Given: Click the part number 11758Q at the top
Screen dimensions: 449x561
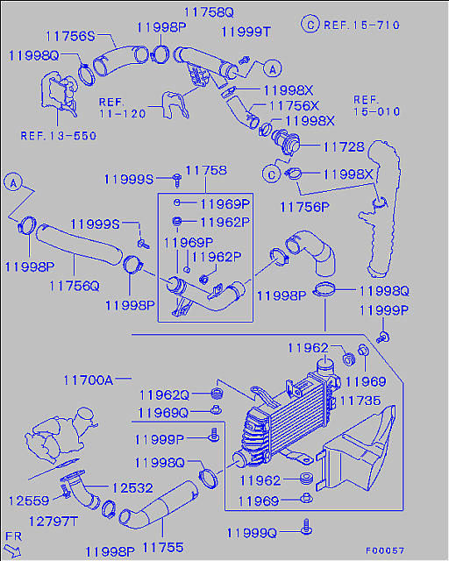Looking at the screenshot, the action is [209, 12].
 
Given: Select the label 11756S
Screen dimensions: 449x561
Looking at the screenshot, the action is [70, 36].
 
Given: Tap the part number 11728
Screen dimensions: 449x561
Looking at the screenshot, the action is [344, 146].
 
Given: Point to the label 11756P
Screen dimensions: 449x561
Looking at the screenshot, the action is [304, 207].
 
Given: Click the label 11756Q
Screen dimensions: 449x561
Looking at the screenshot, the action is [75, 286].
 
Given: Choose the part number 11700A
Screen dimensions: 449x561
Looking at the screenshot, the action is [88, 380].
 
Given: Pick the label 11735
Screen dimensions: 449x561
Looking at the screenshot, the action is [360, 401].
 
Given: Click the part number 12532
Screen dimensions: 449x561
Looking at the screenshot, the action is [132, 488].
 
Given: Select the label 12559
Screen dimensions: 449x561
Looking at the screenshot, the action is [29, 501].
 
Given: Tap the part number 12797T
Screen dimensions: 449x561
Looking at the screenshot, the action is [53, 522].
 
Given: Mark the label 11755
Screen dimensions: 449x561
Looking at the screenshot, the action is [163, 547].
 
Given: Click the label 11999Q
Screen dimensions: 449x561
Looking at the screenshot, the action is [252, 534].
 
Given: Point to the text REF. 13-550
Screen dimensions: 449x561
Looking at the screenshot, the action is [59, 136].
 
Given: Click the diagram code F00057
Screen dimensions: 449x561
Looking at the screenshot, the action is [385, 550].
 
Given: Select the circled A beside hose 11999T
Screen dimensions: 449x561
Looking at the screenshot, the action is [273, 68].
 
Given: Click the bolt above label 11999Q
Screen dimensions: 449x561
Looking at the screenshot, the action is [306, 527].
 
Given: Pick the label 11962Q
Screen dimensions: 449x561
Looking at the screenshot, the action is [164, 395].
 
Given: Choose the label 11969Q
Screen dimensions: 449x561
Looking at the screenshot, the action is [163, 413].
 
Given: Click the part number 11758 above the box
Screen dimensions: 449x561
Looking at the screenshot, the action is [206, 170].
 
